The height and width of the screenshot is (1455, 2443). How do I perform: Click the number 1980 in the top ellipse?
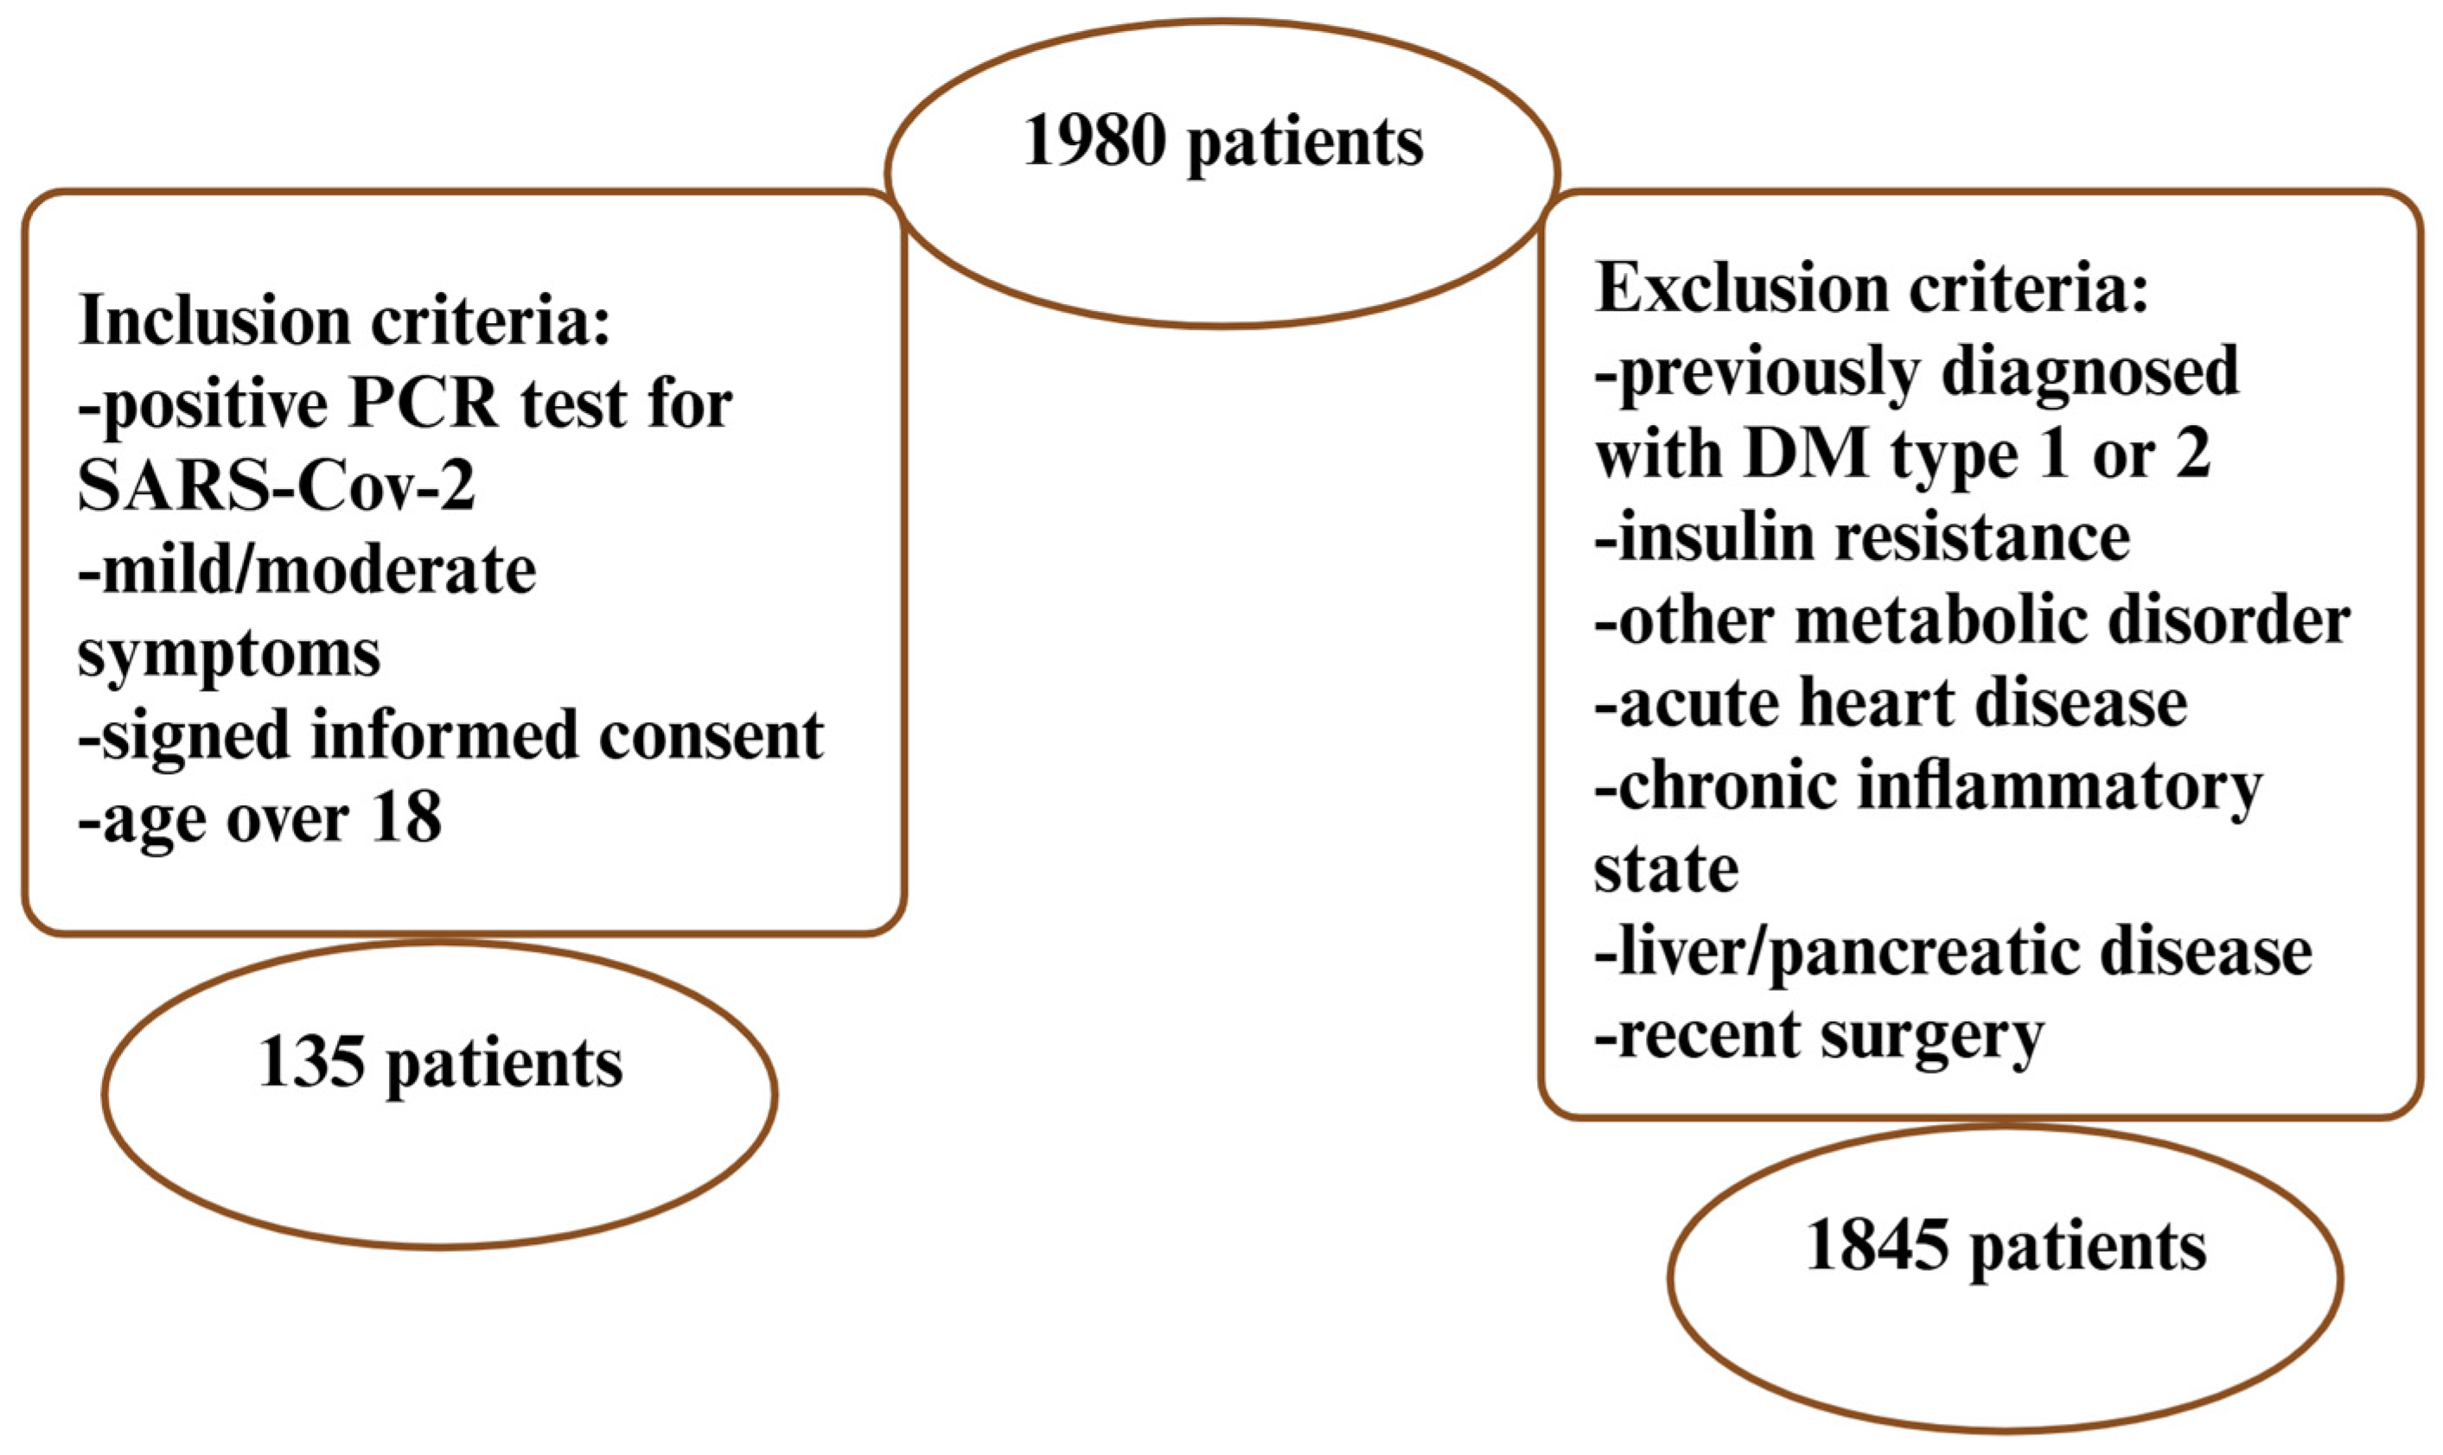pyautogui.click(x=1094, y=143)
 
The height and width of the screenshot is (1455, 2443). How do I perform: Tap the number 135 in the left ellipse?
pyautogui.click(x=312, y=1063)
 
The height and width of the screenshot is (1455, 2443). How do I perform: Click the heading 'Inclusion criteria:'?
pyautogui.click(x=344, y=321)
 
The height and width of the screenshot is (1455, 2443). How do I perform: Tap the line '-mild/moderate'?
pyautogui.click(x=307, y=570)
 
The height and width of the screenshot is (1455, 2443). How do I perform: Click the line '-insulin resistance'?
pyautogui.click(x=1862, y=538)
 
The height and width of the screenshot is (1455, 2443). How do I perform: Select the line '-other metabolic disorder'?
pyautogui.click(x=1972, y=621)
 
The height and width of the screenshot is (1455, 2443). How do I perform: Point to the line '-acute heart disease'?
pyautogui.click(x=1891, y=704)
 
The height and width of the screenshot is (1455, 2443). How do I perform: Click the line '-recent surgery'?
pyautogui.click(x=1819, y=1036)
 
